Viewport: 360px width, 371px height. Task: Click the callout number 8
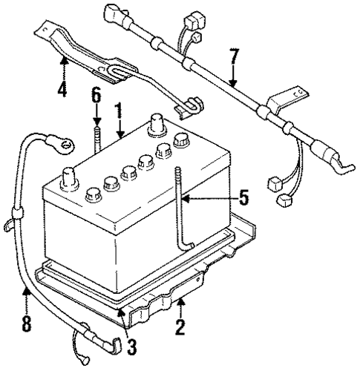[x=27, y=324]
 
